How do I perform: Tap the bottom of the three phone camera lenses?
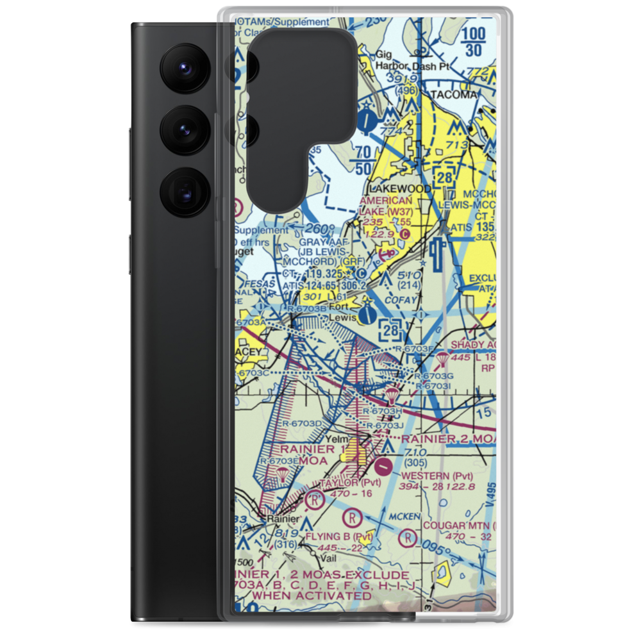[183, 192]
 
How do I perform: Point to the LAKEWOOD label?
[401, 190]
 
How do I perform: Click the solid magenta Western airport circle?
[384, 466]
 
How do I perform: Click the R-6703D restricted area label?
[301, 424]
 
